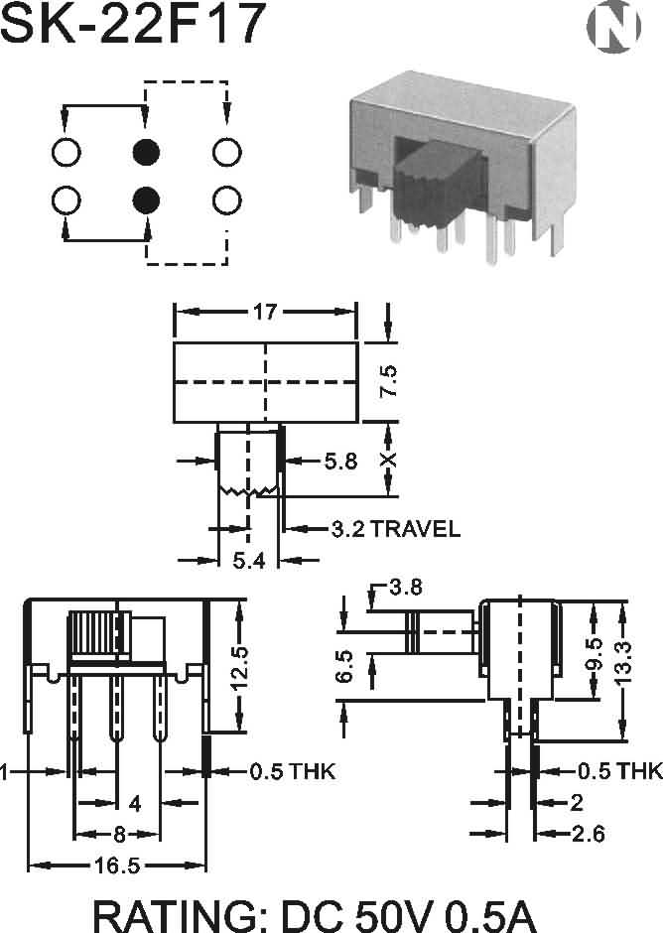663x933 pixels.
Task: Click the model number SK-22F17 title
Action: tap(133, 24)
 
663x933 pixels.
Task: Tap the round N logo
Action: tap(613, 27)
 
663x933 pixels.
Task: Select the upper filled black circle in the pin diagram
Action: tap(146, 152)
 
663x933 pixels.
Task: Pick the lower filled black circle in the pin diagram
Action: tap(146, 200)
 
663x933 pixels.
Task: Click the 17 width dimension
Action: tap(265, 312)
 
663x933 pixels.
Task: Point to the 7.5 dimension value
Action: tap(389, 381)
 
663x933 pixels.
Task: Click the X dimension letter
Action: tap(388, 460)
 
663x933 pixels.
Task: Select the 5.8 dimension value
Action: tap(341, 461)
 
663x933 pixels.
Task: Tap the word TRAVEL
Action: tap(416, 529)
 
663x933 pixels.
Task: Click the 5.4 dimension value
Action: tap(248, 560)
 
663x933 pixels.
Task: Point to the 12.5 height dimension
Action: tap(240, 668)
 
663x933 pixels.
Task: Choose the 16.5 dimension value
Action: tap(117, 866)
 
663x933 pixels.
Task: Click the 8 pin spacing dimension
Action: tap(119, 835)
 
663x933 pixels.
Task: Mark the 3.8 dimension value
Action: tap(406, 588)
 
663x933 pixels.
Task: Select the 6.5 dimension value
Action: tap(344, 666)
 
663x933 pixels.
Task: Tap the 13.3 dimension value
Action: tap(623, 663)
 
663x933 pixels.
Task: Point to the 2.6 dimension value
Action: tap(588, 834)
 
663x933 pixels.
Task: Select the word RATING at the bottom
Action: tap(181, 916)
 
